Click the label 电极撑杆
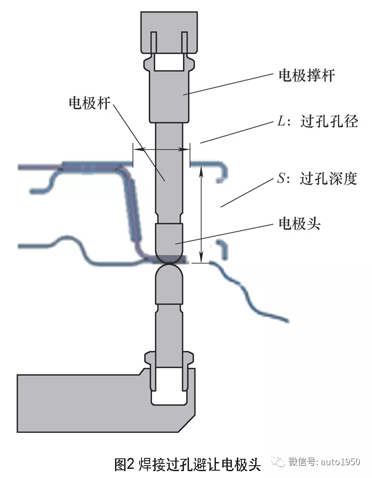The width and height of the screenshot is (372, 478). pos(306,75)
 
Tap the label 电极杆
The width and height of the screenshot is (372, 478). pos(89,103)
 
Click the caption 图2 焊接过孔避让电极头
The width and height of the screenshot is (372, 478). pos(187,464)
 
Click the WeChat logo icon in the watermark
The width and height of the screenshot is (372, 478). pos(279,462)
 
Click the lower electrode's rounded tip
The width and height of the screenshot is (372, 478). pos(169,276)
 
